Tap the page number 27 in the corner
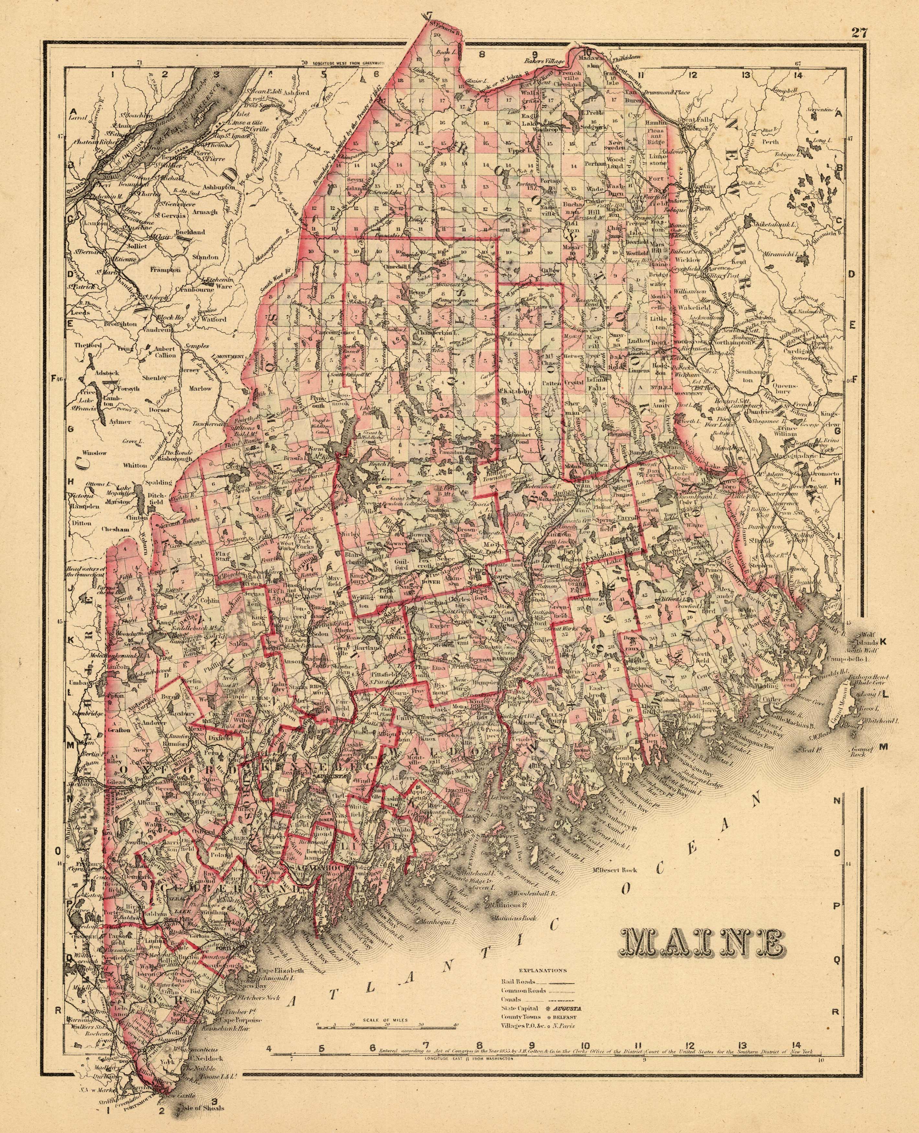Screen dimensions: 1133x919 pos(859,32)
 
